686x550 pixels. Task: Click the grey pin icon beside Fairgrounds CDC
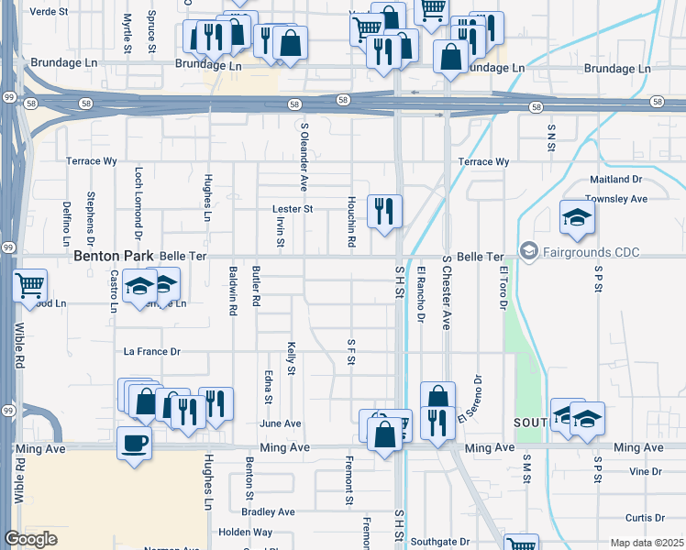click(528, 249)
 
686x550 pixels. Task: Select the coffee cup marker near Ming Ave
click(135, 444)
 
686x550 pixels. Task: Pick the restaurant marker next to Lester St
click(384, 211)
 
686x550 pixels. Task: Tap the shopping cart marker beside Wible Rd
click(30, 285)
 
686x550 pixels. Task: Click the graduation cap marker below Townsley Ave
click(578, 217)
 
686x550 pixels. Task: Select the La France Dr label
click(152, 351)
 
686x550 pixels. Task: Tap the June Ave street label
click(281, 423)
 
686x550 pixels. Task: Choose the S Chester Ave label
click(447, 293)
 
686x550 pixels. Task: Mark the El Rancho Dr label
click(421, 294)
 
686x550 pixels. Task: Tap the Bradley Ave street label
click(269, 511)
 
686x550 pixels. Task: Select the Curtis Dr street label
click(643, 518)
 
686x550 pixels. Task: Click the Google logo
click(30, 540)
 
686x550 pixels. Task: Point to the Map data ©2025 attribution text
click(647, 543)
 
